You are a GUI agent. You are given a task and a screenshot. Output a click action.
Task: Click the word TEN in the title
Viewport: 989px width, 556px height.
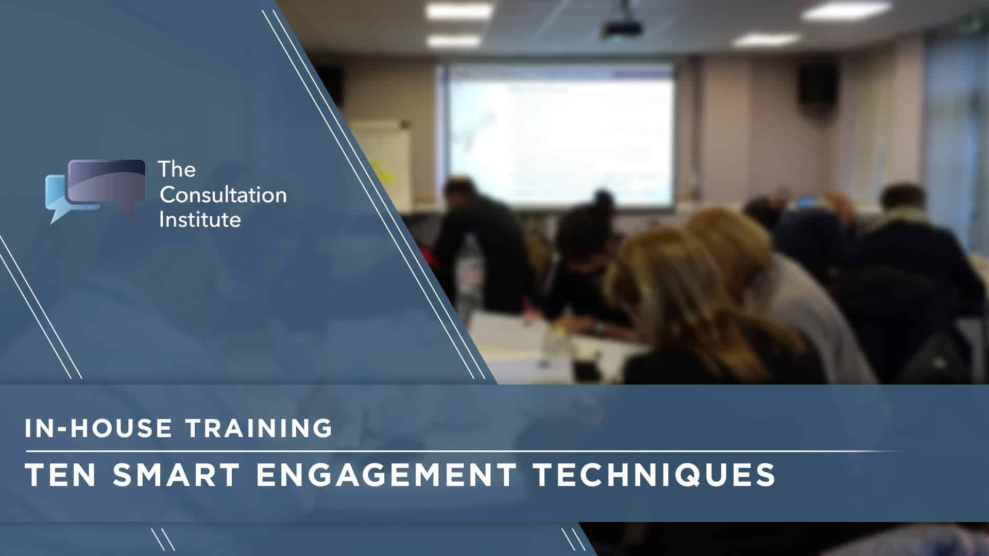click(60, 475)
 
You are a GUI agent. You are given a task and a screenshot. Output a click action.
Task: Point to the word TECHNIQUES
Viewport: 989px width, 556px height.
click(655, 475)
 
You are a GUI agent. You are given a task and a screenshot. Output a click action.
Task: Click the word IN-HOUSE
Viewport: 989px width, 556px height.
click(98, 428)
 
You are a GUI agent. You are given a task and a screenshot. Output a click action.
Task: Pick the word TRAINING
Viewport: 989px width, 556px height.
click(259, 428)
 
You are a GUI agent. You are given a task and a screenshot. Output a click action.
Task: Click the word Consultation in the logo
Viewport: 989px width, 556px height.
click(223, 195)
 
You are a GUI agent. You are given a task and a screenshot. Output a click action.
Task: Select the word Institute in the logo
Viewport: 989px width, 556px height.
click(200, 219)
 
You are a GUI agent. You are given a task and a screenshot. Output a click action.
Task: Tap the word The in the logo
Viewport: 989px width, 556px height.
click(177, 169)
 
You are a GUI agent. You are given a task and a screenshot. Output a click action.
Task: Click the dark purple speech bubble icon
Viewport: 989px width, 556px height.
click(107, 185)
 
